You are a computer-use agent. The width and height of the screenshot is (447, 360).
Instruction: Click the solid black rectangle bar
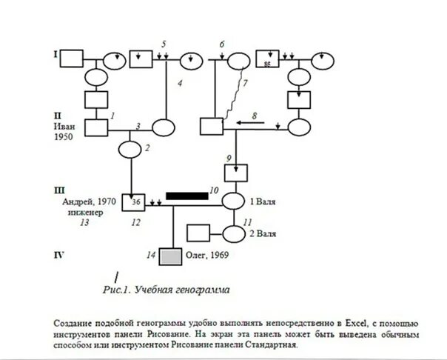coord(186,196)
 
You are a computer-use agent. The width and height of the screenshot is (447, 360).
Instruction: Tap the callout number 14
coord(151,256)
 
